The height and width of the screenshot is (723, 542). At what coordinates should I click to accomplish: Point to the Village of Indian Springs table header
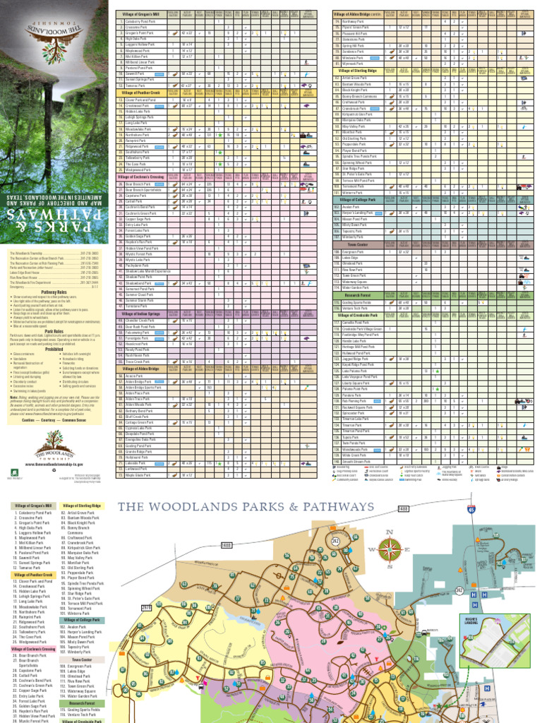tap(140, 313)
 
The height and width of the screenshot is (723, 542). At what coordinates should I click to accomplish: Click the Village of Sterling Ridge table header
tap(359, 71)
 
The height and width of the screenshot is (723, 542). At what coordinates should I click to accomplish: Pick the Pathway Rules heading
tap(54, 291)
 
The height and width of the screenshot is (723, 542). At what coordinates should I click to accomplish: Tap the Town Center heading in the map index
tap(82, 660)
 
